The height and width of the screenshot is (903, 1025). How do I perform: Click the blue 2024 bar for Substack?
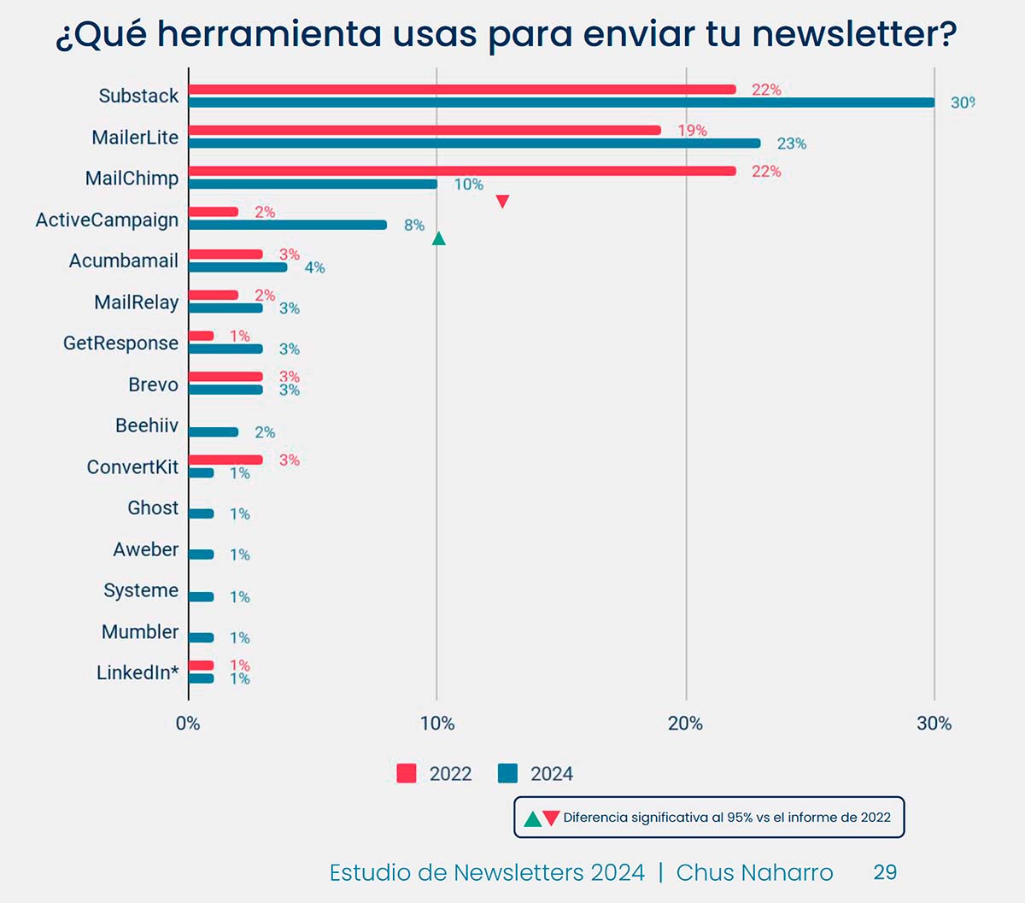point(561,103)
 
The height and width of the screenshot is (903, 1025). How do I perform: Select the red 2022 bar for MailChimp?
point(462,171)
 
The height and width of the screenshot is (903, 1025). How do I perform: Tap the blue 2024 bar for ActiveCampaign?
point(288,225)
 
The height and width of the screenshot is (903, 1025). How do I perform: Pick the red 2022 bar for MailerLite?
point(425,130)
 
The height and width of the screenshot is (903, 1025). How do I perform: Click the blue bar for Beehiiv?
point(214,432)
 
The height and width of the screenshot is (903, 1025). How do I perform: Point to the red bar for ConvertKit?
point(225,460)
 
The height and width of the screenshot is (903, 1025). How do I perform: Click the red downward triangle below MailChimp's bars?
point(502,202)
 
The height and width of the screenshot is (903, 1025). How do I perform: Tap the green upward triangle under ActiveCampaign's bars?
point(438,238)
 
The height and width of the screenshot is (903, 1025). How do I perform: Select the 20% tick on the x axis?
point(685,724)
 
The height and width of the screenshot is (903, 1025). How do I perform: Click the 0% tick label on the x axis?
point(188,724)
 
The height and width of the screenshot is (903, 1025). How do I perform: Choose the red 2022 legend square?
point(407,773)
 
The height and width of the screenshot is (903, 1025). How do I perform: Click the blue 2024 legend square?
point(507,773)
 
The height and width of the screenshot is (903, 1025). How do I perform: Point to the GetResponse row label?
point(120,343)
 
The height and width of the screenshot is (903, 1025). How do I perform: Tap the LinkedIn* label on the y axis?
point(137,673)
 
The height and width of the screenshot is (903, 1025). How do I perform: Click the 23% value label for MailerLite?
point(791,144)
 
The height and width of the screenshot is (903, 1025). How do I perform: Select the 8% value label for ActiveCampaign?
point(414,226)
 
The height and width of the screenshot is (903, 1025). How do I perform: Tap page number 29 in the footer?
point(885,872)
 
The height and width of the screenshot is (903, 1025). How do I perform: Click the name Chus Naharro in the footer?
point(754,872)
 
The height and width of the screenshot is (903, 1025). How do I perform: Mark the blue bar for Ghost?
point(201,513)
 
